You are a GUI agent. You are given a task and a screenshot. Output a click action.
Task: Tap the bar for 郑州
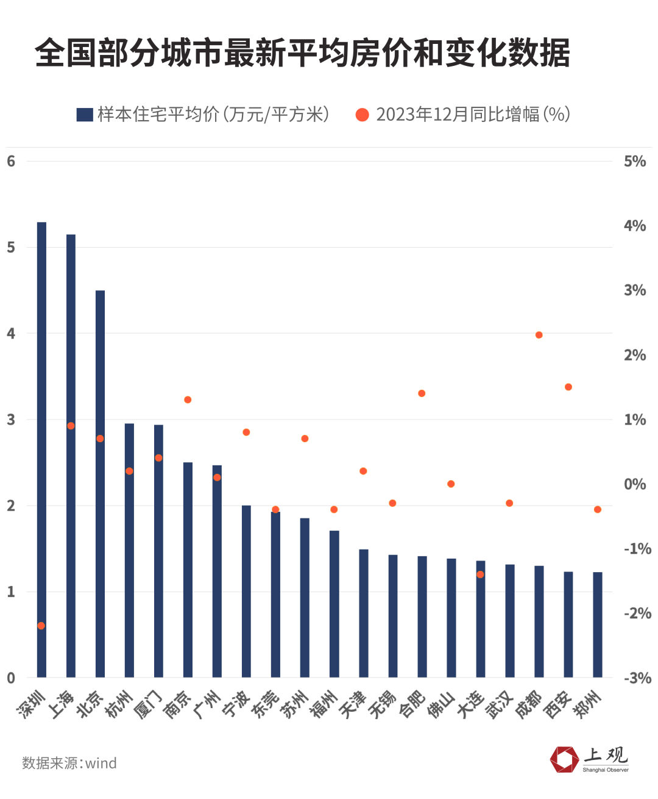pyautogui.click(x=598, y=625)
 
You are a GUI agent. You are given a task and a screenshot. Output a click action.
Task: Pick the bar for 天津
pyautogui.click(x=364, y=613)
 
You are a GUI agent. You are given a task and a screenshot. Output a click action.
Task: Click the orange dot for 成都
pyautogui.click(x=539, y=335)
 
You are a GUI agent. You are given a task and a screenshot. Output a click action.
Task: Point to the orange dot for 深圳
pyautogui.click(x=41, y=626)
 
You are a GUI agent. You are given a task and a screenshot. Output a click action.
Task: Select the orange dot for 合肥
pyautogui.click(x=422, y=393)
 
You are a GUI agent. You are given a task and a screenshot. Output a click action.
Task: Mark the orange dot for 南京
pyautogui.click(x=188, y=399)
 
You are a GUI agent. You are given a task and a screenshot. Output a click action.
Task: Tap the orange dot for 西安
pyautogui.click(x=568, y=387)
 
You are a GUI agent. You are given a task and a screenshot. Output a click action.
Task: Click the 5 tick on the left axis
pyautogui.click(x=11, y=248)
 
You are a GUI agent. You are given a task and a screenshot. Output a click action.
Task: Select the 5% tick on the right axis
pyautogui.click(x=634, y=162)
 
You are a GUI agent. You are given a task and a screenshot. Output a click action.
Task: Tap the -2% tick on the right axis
pyautogui.click(x=637, y=613)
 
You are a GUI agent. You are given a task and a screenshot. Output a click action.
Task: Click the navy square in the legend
pyautogui.click(x=84, y=115)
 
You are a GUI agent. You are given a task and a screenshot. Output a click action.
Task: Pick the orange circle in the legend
pyautogui.click(x=363, y=115)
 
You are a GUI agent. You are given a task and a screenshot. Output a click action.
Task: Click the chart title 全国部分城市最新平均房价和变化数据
pyautogui.click(x=302, y=52)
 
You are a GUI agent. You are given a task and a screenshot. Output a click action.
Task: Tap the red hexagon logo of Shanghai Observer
pyautogui.click(x=564, y=759)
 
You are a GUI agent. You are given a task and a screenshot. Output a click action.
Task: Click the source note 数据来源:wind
pyautogui.click(x=69, y=763)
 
